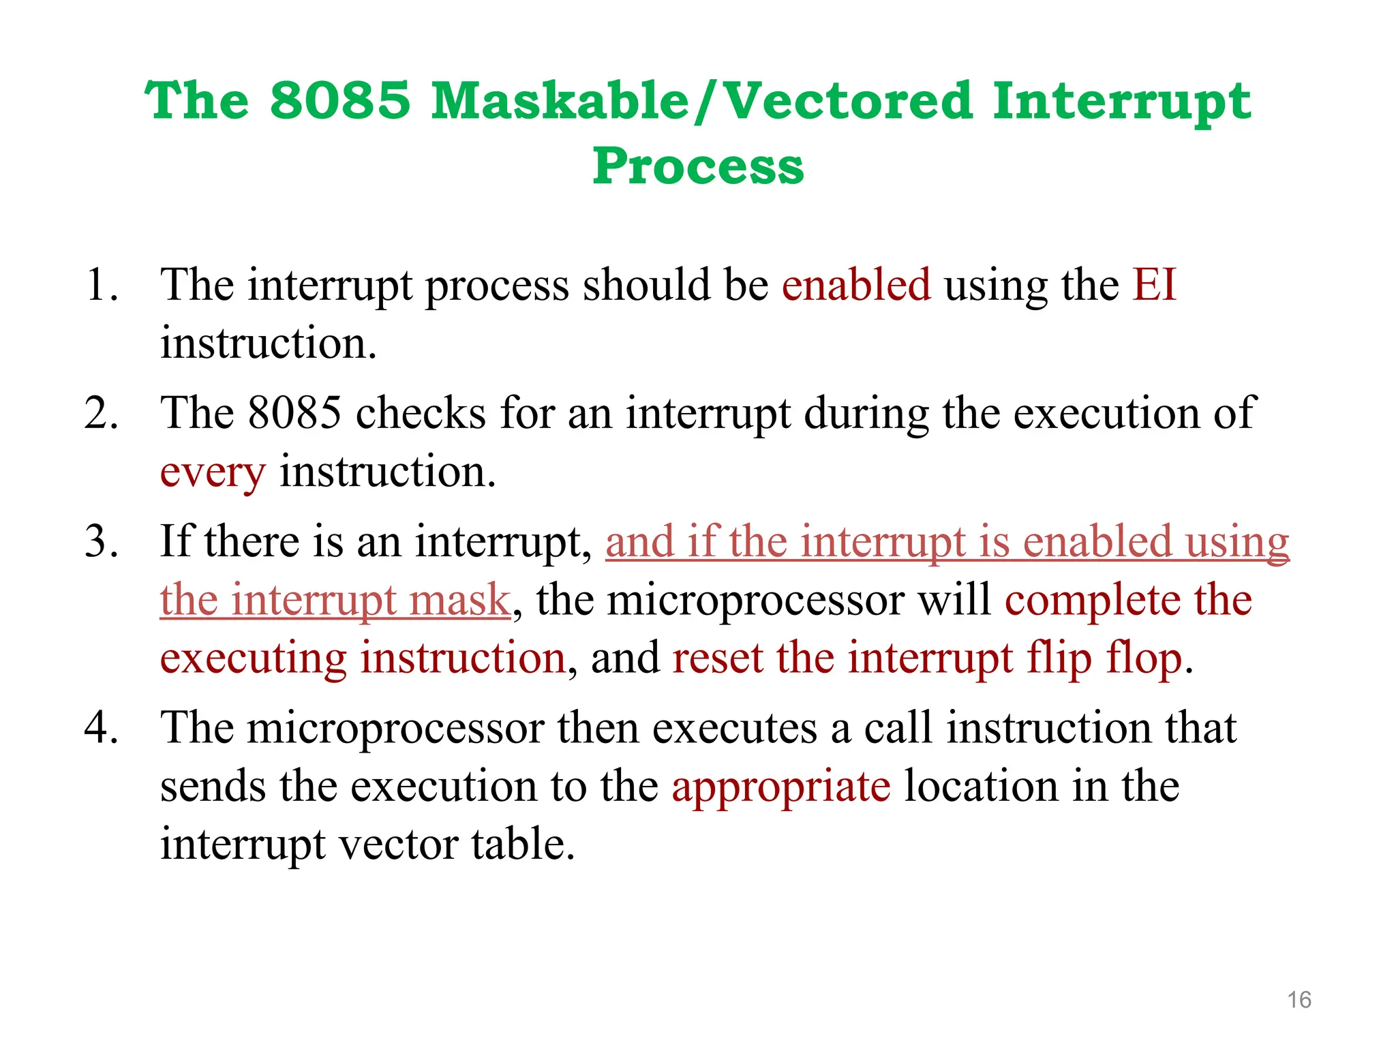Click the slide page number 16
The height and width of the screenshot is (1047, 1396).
click(x=1299, y=1000)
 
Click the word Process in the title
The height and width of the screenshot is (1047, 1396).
click(x=698, y=167)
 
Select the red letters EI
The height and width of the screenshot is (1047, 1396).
click(x=1154, y=285)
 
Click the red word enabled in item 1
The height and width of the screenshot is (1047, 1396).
click(x=856, y=285)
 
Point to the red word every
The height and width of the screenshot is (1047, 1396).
click(x=212, y=472)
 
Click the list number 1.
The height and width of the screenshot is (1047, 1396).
click(x=101, y=285)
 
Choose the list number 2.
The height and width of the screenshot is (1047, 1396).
click(x=101, y=413)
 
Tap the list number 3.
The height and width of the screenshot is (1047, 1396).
click(x=101, y=542)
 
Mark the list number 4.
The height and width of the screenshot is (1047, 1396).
click(x=101, y=727)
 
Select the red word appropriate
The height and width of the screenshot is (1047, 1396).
click(x=781, y=787)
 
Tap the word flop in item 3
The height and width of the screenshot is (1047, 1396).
click(x=1143, y=659)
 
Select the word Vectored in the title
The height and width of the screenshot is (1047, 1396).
click(x=847, y=101)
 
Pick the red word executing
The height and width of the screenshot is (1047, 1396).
click(x=253, y=659)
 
